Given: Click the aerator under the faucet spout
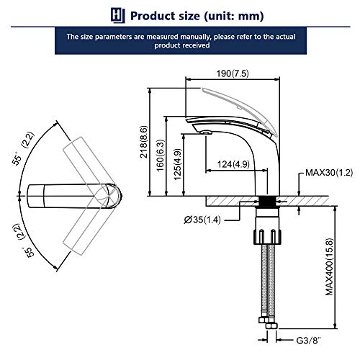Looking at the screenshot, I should pyautogui.click(x=204, y=132).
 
